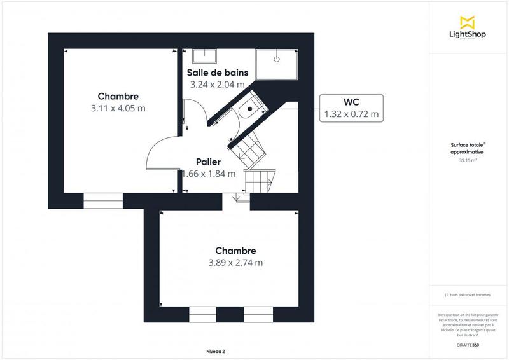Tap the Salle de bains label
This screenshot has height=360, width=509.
click(217, 73)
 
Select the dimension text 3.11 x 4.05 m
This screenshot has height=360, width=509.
click(118, 108)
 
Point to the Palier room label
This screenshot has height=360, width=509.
click(208, 162)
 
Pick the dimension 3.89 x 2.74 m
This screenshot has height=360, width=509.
click(235, 262)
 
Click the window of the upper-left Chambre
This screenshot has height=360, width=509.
click(103, 202)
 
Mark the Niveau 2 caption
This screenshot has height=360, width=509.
click(216, 351)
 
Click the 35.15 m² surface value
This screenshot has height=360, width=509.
click(468, 161)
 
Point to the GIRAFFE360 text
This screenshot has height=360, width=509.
click(468, 345)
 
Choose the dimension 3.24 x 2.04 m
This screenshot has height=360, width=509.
click(217, 84)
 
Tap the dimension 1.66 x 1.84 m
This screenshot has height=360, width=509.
click(209, 174)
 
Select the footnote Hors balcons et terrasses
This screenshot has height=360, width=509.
click(468, 294)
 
